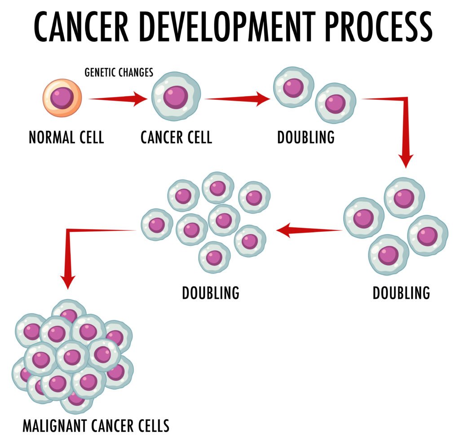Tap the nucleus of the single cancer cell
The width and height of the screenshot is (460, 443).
click(175, 97)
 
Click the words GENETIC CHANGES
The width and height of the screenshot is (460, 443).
click(119, 72)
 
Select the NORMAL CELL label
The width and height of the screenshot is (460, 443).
click(66, 137)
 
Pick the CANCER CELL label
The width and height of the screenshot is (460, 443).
click(176, 137)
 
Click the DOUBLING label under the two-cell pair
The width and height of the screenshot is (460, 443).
click(305, 137)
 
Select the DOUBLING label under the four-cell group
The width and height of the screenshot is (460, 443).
click(401, 293)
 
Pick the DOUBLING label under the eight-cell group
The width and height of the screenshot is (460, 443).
click(211, 293)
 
